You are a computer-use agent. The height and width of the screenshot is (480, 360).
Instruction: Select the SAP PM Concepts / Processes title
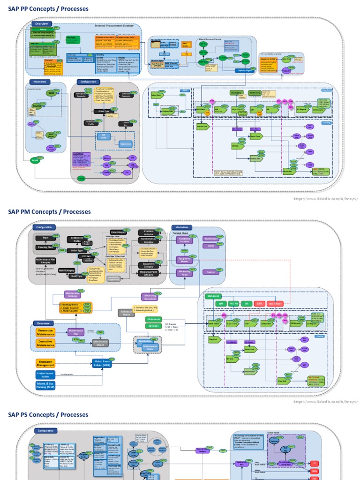pyautogui.click(x=49, y=211)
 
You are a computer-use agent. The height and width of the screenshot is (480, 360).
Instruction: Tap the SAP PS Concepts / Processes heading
pyautogui.click(x=48, y=414)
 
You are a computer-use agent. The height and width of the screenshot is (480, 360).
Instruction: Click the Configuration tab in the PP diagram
pyautogui.click(x=89, y=82)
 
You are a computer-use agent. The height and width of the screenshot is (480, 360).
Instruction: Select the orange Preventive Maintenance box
pyautogui.click(x=45, y=332)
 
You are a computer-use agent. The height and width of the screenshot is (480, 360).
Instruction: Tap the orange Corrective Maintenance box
pyautogui.click(x=45, y=344)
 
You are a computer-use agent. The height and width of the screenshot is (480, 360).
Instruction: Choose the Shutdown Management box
pyautogui.click(x=45, y=363)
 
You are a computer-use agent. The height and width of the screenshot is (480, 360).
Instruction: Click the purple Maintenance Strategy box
pyautogui.click(x=73, y=294)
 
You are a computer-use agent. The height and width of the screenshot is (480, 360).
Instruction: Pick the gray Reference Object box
pyautogui.click(x=125, y=313)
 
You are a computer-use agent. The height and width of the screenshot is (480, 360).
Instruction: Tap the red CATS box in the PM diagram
pyautogui.click(x=259, y=303)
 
